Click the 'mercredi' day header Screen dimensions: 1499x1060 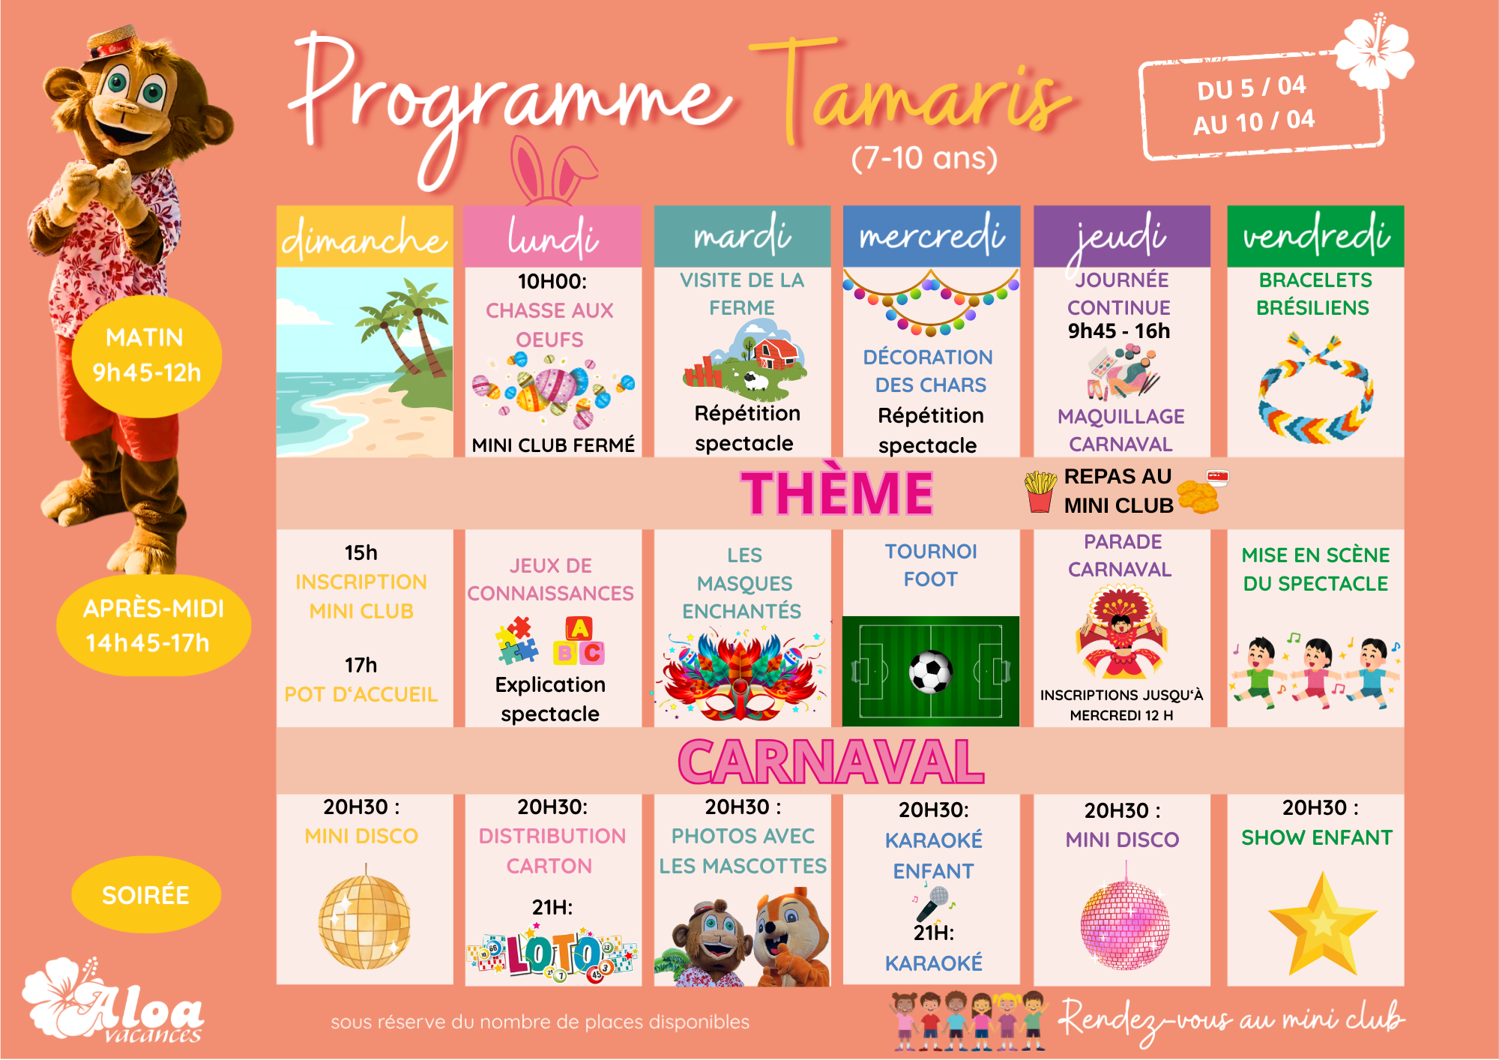931,236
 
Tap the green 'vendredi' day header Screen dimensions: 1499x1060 1315,236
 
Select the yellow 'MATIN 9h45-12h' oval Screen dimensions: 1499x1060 146,356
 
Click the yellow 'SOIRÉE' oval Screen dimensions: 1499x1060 146,894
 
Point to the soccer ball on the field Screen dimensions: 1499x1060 931,672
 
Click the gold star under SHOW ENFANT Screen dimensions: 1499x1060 1323,924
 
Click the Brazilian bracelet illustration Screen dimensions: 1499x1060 1315,388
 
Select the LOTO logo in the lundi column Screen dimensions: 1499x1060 552,954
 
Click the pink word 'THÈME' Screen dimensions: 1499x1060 836,493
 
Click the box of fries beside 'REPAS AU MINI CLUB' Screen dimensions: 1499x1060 1040,492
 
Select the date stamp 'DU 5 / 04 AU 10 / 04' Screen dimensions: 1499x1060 1261,105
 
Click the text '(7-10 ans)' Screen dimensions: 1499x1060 924,158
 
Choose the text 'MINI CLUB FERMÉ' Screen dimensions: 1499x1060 553,445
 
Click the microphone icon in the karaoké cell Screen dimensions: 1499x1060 933,903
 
